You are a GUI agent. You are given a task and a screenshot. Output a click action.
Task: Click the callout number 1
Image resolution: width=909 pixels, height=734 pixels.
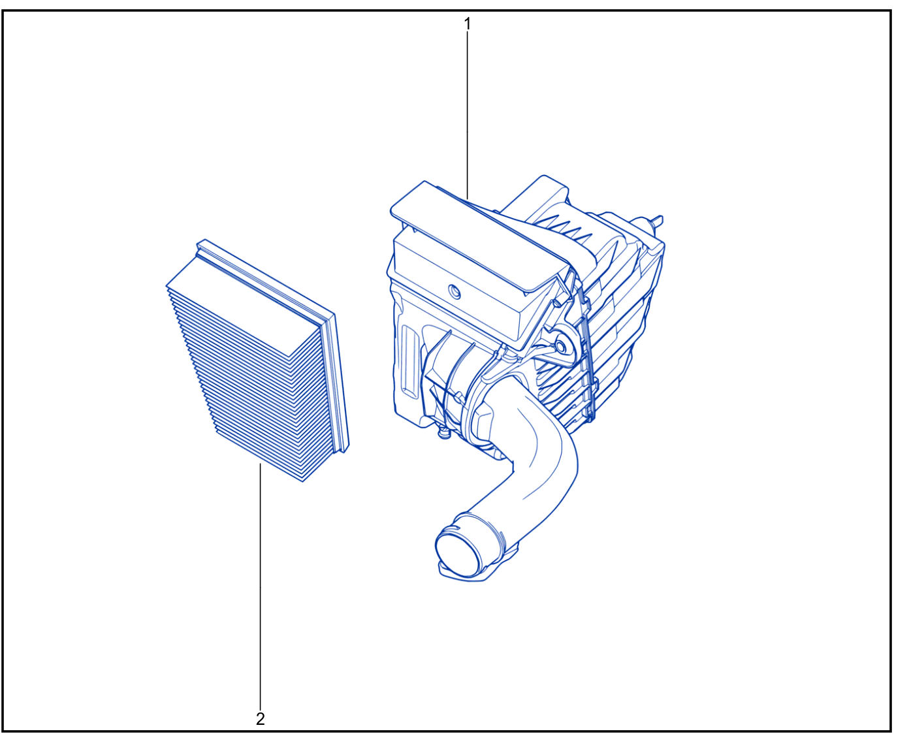click(468, 24)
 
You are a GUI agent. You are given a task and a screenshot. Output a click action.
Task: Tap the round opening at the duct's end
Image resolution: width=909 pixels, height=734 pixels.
click(456, 555)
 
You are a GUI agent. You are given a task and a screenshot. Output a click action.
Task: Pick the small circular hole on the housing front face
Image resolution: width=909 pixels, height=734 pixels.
click(455, 293)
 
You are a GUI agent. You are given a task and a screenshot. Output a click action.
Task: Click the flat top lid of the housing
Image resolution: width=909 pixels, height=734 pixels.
click(478, 239)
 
